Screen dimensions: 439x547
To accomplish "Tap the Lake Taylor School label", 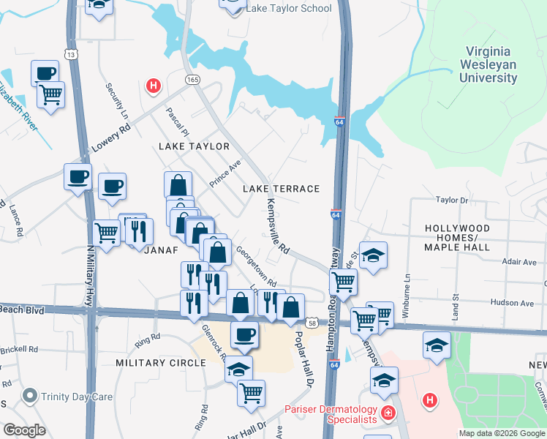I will [289, 9].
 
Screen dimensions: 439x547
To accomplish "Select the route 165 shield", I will [192, 78].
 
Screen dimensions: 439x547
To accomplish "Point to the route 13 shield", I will [70, 54].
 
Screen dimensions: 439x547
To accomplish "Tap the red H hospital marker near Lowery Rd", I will [153, 86].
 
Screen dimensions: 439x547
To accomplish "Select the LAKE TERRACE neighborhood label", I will [282, 189].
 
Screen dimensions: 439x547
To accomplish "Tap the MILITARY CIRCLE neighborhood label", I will [160, 363].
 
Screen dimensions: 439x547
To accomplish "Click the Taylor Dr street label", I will [451, 200].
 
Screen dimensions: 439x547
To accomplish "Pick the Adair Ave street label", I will [520, 261].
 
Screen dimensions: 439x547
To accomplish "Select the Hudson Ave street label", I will [511, 301].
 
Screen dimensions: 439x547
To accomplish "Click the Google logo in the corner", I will [24, 429].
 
